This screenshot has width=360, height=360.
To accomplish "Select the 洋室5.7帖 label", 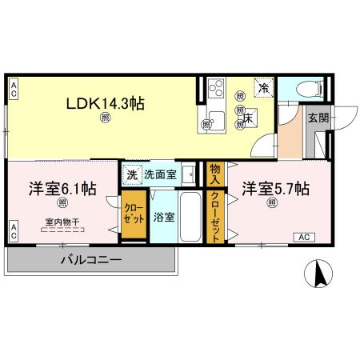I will click(275, 190).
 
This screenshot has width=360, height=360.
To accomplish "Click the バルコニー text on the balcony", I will click(90, 260).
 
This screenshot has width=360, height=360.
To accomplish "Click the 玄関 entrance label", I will click(317, 117).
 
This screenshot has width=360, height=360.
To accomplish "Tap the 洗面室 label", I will click(160, 174).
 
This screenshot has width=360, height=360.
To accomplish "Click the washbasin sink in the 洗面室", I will click(188, 174).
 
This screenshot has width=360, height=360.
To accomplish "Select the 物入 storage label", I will click(214, 174).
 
